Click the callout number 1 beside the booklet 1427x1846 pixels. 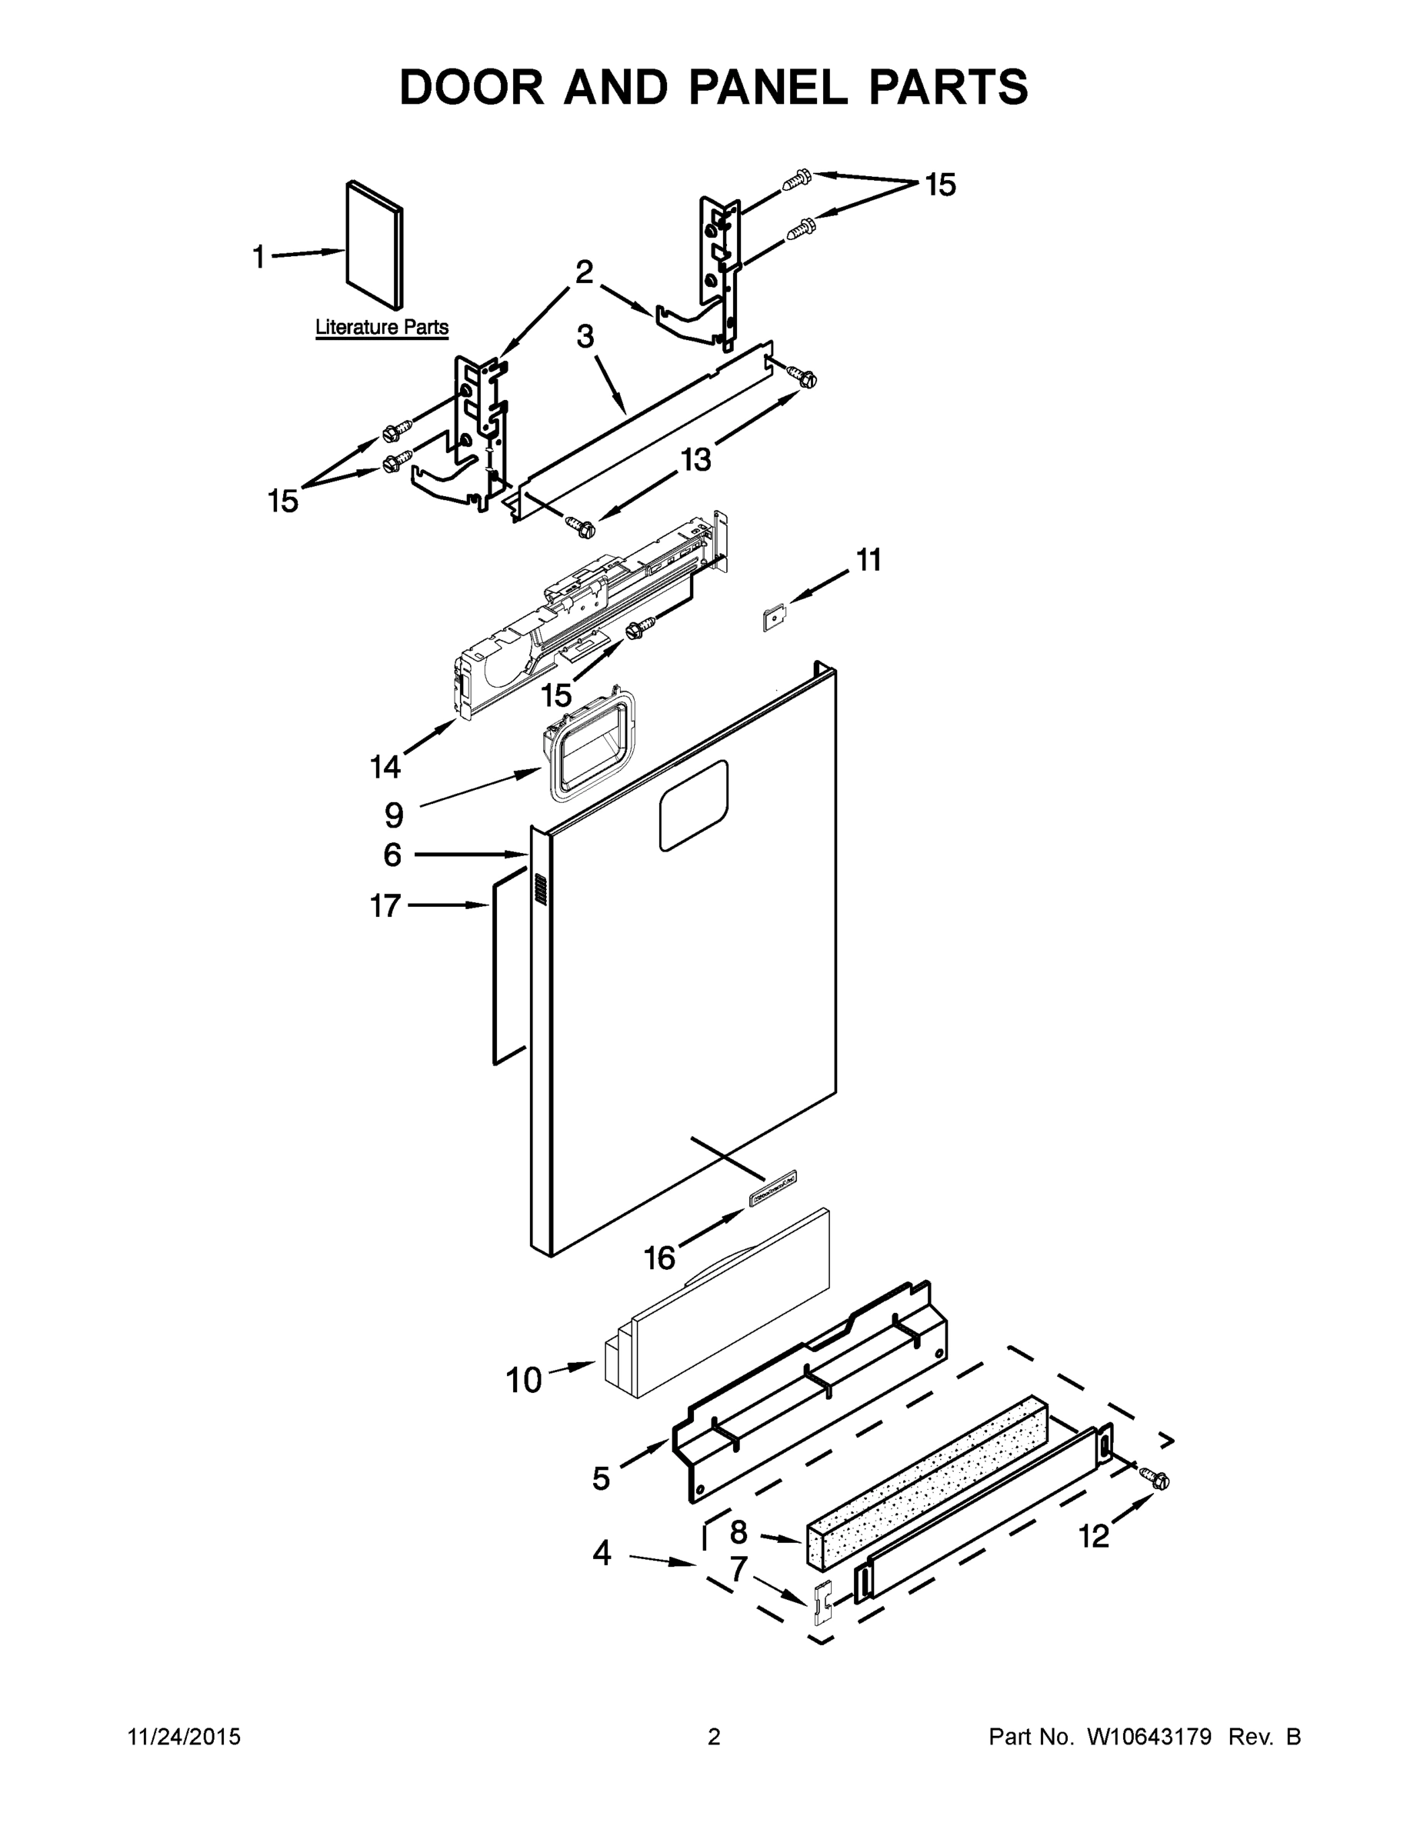click(258, 256)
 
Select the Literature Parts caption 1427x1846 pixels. click(382, 327)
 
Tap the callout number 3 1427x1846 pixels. click(585, 336)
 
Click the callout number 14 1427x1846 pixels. click(385, 767)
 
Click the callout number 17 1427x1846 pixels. click(385, 906)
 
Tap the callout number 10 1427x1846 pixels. click(523, 1381)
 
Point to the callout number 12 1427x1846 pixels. click(1093, 1536)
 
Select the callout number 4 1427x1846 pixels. click(601, 1553)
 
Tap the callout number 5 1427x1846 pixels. click(601, 1478)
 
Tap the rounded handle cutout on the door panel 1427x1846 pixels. click(693, 805)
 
